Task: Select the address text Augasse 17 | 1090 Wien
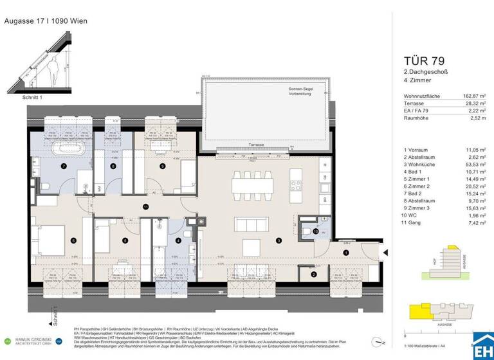[x=46, y=21]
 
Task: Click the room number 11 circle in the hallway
[x=146, y=206]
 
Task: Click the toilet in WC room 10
[x=309, y=233]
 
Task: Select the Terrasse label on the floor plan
[x=257, y=145]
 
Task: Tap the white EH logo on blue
[x=482, y=344]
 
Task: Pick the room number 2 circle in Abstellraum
[x=313, y=275]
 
